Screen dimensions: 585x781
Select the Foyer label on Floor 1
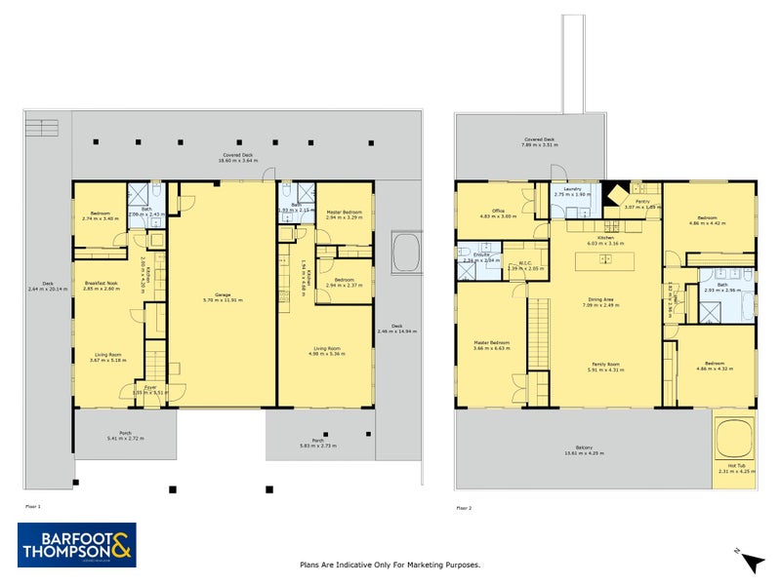pos(150,388)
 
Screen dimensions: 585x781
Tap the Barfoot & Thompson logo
pos(77,545)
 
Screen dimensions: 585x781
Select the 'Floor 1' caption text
pos(33,507)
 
